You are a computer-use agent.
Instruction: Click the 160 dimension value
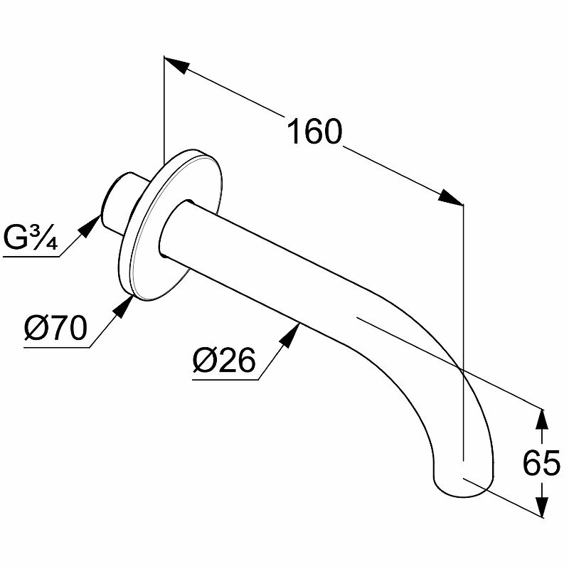pos(314,133)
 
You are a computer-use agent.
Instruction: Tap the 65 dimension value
pos(542,464)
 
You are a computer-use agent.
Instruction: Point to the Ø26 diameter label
pos(223,361)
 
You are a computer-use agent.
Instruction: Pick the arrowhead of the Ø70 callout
pos(126,304)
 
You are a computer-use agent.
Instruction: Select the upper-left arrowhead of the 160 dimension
pos(178,66)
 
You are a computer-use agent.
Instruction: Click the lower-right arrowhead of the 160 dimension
pos(450,198)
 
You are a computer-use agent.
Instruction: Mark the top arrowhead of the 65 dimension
pos(543,421)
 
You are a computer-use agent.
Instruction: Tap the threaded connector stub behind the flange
pos(117,202)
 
